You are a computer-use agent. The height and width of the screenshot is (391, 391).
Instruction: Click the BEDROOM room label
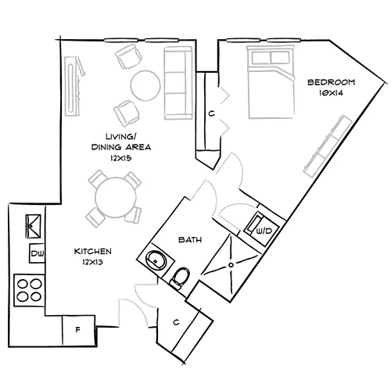click(x=332, y=82)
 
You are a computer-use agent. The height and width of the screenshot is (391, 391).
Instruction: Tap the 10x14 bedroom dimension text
click(x=332, y=93)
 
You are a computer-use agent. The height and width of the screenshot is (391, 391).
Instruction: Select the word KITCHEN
click(x=93, y=251)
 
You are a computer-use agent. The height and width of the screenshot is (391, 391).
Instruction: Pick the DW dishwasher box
click(x=36, y=253)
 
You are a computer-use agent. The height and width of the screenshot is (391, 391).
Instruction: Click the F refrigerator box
click(x=77, y=329)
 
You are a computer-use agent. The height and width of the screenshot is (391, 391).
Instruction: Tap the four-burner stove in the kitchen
click(x=30, y=290)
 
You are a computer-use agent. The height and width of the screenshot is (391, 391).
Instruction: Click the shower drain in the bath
click(x=231, y=264)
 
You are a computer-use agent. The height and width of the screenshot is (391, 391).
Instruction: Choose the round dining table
click(x=113, y=196)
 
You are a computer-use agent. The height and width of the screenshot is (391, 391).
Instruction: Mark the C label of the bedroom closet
click(x=211, y=113)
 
